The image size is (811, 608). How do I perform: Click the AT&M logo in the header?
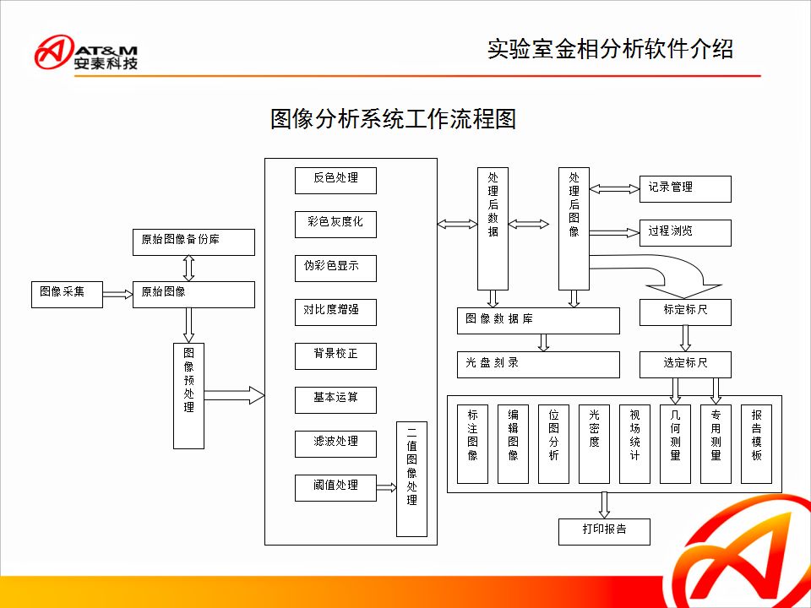click(86, 52)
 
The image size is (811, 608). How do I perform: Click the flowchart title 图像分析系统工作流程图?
click(393, 118)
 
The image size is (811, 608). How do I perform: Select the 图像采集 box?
click(67, 293)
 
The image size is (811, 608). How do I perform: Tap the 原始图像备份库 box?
click(193, 242)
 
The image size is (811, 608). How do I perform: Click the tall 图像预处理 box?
click(188, 394)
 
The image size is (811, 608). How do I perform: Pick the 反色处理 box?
click(335, 180)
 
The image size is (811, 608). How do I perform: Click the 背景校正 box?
click(335, 356)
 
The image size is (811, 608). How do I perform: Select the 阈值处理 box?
click(335, 487)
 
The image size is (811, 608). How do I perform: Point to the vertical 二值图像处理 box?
click(411, 478)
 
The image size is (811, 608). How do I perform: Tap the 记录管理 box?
click(684, 188)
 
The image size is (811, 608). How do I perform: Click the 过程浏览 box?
click(684, 232)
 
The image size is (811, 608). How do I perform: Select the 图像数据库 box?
click(538, 320)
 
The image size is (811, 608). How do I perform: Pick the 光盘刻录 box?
click(538, 364)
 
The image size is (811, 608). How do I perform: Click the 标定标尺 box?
click(685, 312)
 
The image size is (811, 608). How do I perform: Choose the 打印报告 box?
click(604, 531)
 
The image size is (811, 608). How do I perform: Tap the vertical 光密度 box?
click(594, 444)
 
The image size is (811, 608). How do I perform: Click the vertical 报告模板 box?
click(756, 444)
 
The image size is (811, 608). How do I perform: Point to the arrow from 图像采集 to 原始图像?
click(117, 294)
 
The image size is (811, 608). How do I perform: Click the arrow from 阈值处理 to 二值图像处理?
click(386, 487)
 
